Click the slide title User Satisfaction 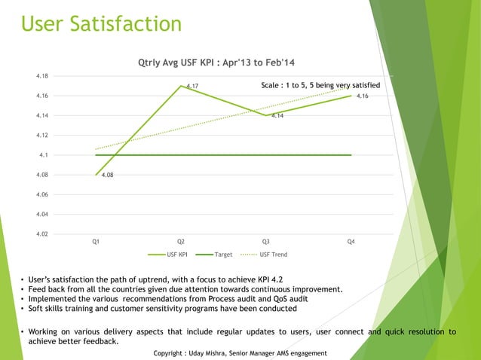tap(101, 24)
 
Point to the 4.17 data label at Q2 tap(192, 87)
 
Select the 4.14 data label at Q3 tap(277, 116)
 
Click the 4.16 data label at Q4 tap(362, 96)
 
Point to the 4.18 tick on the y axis tap(42, 76)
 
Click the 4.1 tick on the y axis tap(44, 155)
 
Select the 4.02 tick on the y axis tap(42, 233)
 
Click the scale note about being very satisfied tap(320, 86)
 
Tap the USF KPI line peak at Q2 tap(181, 86)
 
